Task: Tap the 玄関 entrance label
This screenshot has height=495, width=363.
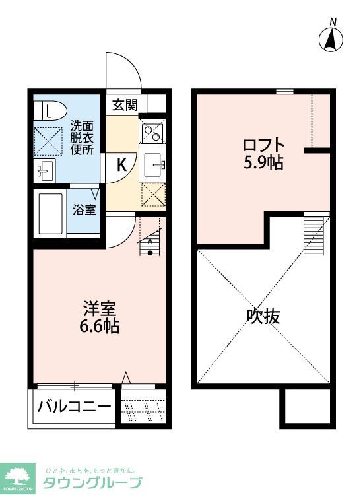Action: click(124, 104)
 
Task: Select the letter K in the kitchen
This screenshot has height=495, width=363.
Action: click(122, 165)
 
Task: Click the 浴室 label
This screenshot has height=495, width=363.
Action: click(84, 211)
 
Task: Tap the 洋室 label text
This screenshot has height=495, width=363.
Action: click(100, 308)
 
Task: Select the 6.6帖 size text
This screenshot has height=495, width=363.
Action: click(100, 325)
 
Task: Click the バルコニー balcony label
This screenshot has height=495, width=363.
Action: click(74, 406)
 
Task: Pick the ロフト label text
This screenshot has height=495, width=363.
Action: click(263, 145)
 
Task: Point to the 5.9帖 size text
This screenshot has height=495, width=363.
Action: click(263, 162)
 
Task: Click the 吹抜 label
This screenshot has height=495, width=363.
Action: click(263, 317)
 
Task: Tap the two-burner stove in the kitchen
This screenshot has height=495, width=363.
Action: click(152, 133)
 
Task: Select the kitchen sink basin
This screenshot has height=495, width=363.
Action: click(152, 162)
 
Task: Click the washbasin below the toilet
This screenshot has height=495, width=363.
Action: click(46, 171)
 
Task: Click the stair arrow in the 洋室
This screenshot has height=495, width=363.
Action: click(150, 247)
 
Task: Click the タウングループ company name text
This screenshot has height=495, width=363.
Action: click(92, 483)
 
